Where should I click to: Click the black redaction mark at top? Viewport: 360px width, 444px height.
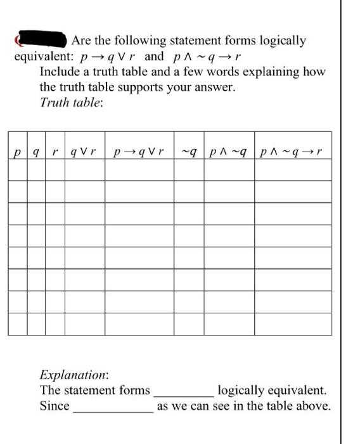[x=42, y=40]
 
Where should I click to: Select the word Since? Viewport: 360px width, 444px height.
[x=55, y=406]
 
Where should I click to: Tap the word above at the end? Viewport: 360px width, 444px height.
[x=314, y=406]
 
